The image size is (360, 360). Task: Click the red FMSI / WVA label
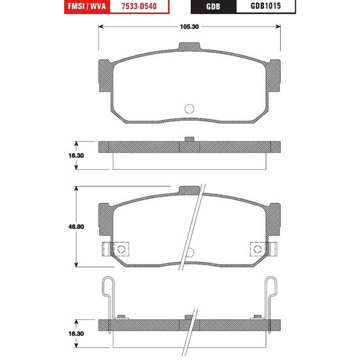(x=87, y=6)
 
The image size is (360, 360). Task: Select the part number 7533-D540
(x=139, y=6)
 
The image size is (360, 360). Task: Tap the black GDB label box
(x=213, y=7)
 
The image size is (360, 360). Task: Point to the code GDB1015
(x=265, y=6)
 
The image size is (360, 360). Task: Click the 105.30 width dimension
(x=189, y=27)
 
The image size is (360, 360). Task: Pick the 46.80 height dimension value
(x=76, y=227)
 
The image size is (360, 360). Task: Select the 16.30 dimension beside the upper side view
(x=76, y=155)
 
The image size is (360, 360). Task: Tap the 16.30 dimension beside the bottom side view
(x=76, y=333)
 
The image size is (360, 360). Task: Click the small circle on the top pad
(x=189, y=109)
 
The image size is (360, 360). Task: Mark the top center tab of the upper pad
(x=189, y=46)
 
